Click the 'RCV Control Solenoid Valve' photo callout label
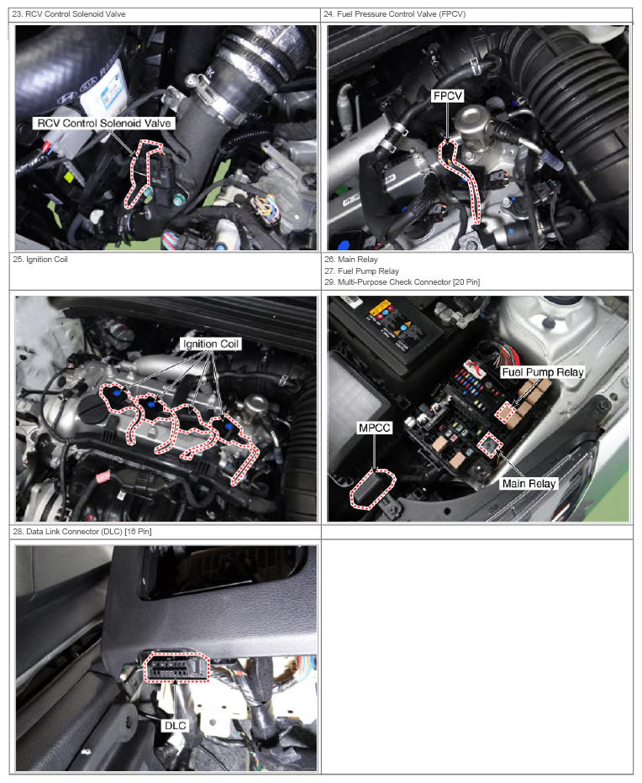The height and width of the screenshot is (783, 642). pyautogui.click(x=104, y=123)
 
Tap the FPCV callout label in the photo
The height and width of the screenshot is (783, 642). pyautogui.click(x=448, y=96)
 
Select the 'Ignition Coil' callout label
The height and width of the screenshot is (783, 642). pyautogui.click(x=211, y=344)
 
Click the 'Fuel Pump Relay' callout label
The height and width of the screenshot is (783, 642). pyautogui.click(x=543, y=372)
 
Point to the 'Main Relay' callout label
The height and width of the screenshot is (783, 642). pyautogui.click(x=529, y=483)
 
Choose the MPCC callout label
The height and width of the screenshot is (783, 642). pyautogui.click(x=374, y=428)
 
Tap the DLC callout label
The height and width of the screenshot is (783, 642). pyautogui.click(x=176, y=725)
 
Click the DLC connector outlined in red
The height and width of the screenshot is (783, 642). pyautogui.click(x=176, y=668)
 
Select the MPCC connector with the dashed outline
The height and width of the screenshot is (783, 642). pyautogui.click(x=372, y=489)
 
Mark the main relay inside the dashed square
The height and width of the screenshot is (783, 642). pyautogui.click(x=490, y=444)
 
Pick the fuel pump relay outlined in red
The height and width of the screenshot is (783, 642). pyautogui.click(x=505, y=412)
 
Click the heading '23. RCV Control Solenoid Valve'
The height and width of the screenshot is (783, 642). pyautogui.click(x=69, y=14)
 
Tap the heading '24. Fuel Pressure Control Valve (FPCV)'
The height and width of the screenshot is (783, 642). pyautogui.click(x=395, y=14)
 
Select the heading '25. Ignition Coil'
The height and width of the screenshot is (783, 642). pyautogui.click(x=40, y=259)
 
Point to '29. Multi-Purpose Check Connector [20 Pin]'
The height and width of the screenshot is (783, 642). pyautogui.click(x=403, y=282)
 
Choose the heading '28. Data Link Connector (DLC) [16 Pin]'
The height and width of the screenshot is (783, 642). pyautogui.click(x=82, y=531)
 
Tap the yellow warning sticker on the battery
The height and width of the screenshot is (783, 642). pyautogui.click(x=380, y=308)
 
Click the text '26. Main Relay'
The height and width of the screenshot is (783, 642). pyautogui.click(x=351, y=259)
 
